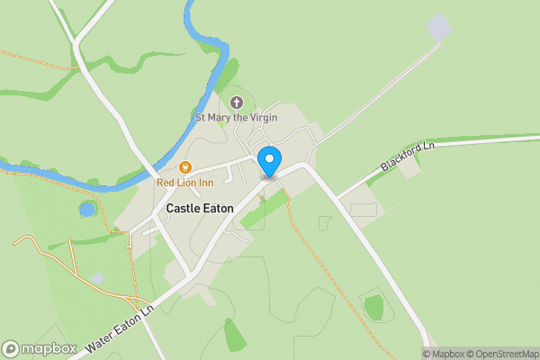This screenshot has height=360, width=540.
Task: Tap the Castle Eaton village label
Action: point(200,208)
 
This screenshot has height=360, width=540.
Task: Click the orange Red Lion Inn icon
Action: point(185,166)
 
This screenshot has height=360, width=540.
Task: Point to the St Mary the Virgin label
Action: point(237,117)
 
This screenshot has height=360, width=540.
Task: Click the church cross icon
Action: point(237,103)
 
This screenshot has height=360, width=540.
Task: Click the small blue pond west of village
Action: point(87,210)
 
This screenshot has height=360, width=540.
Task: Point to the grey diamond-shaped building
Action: point(437,27)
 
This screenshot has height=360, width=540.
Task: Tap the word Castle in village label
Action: point(183,208)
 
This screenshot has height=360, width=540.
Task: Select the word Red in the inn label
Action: point(166,183)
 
